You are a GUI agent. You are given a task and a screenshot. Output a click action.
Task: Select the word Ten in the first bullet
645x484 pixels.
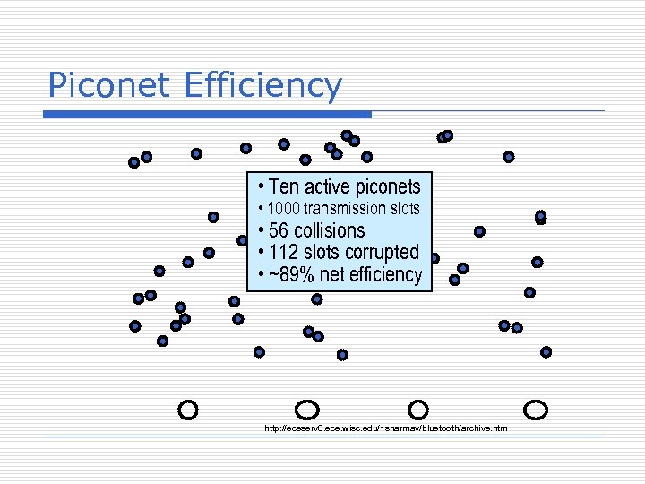(x=283, y=187)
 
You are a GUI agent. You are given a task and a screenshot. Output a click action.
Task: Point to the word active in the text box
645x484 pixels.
(x=327, y=187)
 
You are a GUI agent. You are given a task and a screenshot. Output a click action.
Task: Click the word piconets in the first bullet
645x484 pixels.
(x=387, y=187)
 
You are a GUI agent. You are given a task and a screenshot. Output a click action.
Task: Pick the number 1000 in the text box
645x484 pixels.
(x=284, y=209)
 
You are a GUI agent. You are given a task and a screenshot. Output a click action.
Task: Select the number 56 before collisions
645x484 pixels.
(x=279, y=230)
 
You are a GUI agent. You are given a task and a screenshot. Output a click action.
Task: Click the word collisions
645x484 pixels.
(x=330, y=230)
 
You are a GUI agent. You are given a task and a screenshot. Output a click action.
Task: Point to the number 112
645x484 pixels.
(x=285, y=252)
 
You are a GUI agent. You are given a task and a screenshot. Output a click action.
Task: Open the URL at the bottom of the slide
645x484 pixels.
(x=385, y=428)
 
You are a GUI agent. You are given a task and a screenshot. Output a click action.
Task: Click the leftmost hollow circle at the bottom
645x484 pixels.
(x=188, y=410)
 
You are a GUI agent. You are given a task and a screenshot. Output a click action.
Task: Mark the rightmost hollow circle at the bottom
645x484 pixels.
(x=536, y=410)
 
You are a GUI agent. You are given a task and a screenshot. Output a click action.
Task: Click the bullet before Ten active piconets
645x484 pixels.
(x=260, y=186)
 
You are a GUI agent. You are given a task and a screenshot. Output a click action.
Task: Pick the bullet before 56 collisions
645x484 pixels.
(x=260, y=230)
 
